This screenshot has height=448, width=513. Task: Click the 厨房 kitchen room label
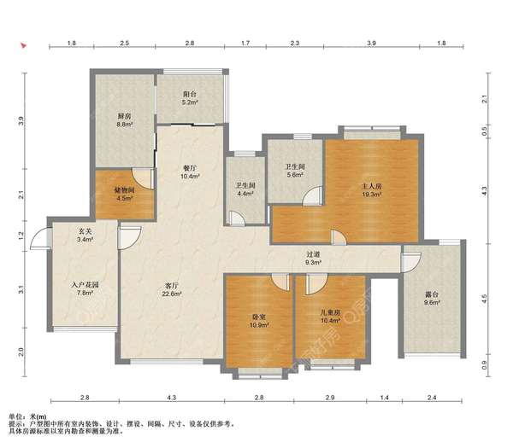tap(124, 116)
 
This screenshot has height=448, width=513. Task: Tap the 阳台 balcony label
tap(190, 95)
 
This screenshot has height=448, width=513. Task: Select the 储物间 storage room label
tap(124, 189)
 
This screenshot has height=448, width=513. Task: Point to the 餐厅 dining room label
tap(190, 168)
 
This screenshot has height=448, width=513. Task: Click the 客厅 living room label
tap(172, 285)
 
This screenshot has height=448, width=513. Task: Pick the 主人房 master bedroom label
tap(372, 186)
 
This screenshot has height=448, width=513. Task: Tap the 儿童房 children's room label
tap(330, 312)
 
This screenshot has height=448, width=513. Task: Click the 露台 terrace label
tap(432, 294)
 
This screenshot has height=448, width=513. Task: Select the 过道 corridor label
tap(313, 254)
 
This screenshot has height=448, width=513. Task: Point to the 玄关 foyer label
tap(85, 231)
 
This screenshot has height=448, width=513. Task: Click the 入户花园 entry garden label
tap(85, 285)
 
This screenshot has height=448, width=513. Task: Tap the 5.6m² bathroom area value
tap(296, 175)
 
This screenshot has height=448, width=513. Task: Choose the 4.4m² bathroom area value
tap(245, 194)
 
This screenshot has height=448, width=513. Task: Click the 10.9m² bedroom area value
tap(259, 325)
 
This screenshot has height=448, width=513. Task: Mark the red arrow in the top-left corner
tap(23, 45)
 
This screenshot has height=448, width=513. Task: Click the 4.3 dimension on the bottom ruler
tap(172, 398)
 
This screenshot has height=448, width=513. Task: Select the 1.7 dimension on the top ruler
tap(245, 43)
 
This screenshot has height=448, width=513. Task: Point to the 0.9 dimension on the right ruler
tap(485, 365)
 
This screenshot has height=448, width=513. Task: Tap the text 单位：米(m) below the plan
tap(27, 416)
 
